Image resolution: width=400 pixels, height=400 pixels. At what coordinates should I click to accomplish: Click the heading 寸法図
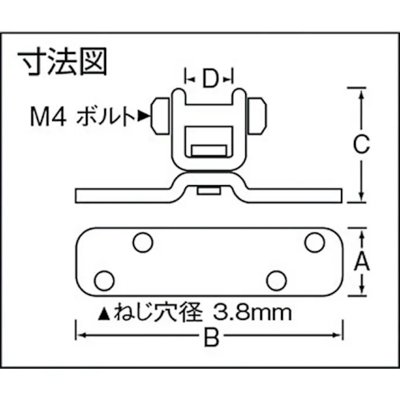[x=62, y=62]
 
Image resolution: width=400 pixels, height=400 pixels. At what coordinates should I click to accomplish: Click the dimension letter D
[x=209, y=80]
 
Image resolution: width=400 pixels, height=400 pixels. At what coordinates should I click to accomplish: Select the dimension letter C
[x=361, y=145]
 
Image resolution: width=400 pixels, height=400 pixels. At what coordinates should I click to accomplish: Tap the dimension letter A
[x=362, y=261]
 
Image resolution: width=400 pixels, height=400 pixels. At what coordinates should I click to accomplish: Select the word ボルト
[x=105, y=117]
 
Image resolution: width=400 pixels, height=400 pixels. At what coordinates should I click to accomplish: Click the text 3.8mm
[x=255, y=312]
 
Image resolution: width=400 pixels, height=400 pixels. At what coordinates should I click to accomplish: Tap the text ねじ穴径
[x=162, y=312]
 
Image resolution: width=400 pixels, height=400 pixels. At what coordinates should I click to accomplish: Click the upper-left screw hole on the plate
[x=142, y=242]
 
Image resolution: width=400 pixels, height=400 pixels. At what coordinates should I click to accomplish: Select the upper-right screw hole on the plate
[x=315, y=242]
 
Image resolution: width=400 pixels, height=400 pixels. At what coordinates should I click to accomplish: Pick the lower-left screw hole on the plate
[x=104, y=280]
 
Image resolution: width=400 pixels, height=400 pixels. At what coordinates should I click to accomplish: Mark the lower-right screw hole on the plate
[x=276, y=280]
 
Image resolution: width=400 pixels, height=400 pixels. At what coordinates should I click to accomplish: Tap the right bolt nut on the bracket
[x=258, y=116]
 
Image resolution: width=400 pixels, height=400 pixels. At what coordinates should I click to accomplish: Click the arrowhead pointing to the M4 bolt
[x=144, y=117]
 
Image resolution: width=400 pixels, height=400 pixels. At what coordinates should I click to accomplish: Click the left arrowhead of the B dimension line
[x=80, y=335]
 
